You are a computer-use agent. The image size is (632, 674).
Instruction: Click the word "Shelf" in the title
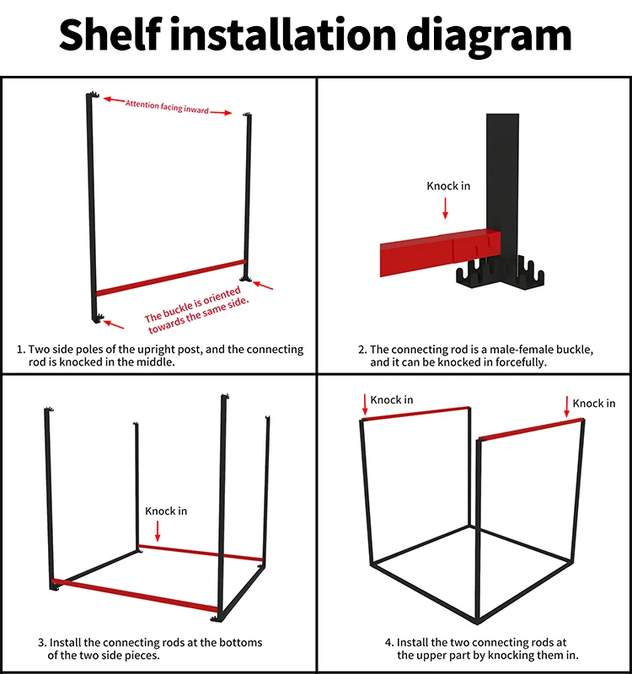(x=110, y=35)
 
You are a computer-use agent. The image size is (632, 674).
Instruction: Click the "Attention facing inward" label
(x=167, y=107)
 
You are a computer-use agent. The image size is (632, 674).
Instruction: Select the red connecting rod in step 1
(x=171, y=278)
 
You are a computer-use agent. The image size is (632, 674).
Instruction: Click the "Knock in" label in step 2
(x=448, y=185)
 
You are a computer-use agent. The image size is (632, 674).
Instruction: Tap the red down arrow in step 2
(x=446, y=208)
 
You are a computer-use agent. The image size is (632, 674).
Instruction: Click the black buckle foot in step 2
(x=500, y=272)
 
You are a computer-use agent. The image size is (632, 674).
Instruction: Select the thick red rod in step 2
(x=440, y=253)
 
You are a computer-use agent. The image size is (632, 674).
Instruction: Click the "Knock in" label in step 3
(x=166, y=511)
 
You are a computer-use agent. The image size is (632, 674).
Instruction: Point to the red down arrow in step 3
(x=158, y=531)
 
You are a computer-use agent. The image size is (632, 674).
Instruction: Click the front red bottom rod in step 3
(x=135, y=596)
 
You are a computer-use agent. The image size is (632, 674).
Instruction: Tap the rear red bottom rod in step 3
(x=201, y=553)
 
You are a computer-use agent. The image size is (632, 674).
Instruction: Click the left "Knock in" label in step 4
(x=392, y=399)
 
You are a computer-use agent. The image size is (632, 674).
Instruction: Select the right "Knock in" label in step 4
(x=594, y=404)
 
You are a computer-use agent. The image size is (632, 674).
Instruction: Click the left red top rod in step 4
(x=415, y=413)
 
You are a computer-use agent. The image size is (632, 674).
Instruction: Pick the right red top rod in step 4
(x=532, y=429)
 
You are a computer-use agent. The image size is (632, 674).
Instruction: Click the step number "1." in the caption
(x=21, y=350)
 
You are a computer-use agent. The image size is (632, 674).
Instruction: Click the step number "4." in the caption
(x=389, y=643)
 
